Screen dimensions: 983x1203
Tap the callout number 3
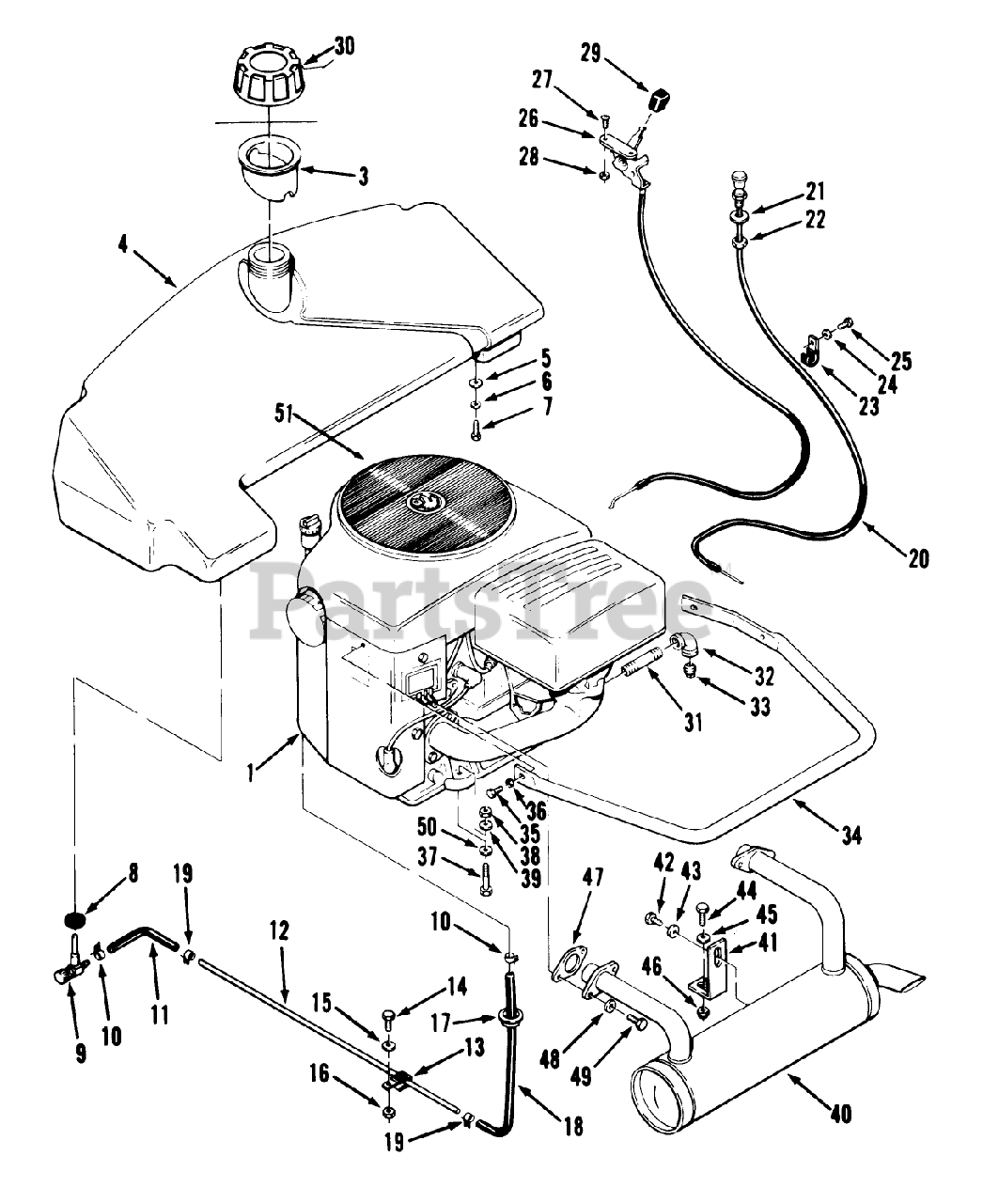[x=364, y=177]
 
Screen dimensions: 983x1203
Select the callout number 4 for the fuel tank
[x=123, y=244]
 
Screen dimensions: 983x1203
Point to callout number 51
[x=284, y=415]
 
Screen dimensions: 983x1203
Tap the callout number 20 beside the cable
[x=918, y=559]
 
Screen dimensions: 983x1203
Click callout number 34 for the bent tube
[x=851, y=836]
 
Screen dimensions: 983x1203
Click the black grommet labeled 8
[x=75, y=920]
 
